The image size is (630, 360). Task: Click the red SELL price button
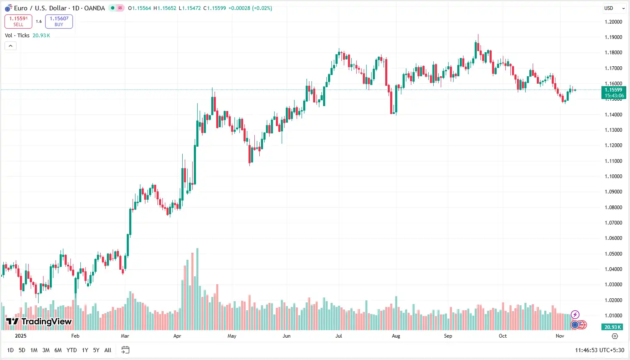click(x=18, y=22)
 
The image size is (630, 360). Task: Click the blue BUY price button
click(x=59, y=22)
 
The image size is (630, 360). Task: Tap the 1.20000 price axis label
click(x=613, y=22)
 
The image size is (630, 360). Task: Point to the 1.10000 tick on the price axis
click(x=613, y=176)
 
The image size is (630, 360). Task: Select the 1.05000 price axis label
click(x=613, y=254)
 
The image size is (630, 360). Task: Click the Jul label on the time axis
click(x=339, y=336)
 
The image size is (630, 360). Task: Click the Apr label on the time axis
click(x=177, y=336)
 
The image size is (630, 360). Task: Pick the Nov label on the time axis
click(x=560, y=336)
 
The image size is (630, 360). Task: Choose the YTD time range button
click(x=72, y=350)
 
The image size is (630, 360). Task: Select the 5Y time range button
click(x=96, y=350)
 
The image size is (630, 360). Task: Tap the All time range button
click(x=108, y=350)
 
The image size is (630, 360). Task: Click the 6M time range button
click(x=58, y=350)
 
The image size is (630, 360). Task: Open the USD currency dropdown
click(x=614, y=8)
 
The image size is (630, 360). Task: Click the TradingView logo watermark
click(x=39, y=321)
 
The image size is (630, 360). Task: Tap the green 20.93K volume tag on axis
click(x=613, y=327)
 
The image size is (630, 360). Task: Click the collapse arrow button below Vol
click(x=10, y=46)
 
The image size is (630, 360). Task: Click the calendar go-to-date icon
click(x=125, y=350)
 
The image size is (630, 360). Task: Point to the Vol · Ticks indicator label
click(x=17, y=36)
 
